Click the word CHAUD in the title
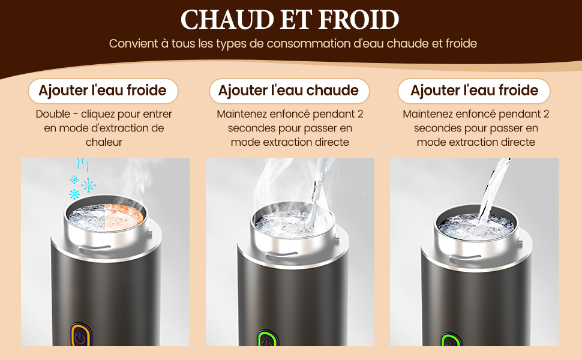click(x=227, y=19)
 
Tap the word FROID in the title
click(x=359, y=19)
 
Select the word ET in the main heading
click(x=296, y=19)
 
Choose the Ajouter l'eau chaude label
click(x=289, y=91)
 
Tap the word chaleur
click(x=104, y=142)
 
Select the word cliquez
click(x=98, y=115)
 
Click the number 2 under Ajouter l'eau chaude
click(x=360, y=114)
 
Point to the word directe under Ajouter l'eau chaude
click(x=332, y=142)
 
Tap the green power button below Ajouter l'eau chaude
click(x=266, y=339)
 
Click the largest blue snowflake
click(x=89, y=185)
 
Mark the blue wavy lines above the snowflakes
click(x=83, y=165)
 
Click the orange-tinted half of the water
click(x=123, y=217)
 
